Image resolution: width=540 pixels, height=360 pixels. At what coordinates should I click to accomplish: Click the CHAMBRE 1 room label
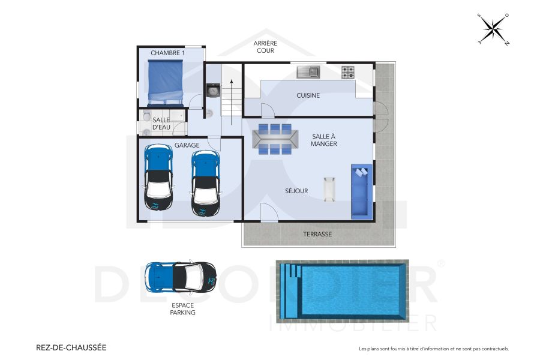coord(167,53)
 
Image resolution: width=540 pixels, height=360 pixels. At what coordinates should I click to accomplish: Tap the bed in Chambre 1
coord(165,82)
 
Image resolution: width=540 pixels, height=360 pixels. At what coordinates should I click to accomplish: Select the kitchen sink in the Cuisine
coord(308,72)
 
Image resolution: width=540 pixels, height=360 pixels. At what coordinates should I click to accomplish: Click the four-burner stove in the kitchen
coord(348,72)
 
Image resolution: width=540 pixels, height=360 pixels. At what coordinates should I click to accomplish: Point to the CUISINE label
coord(308,95)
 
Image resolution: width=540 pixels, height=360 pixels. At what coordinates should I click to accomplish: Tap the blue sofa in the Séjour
coord(361,191)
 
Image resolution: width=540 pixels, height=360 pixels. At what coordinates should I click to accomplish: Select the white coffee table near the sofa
coord(329,189)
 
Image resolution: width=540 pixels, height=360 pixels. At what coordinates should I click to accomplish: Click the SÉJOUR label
coord(296,191)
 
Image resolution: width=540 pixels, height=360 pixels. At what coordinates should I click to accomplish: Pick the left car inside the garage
coord(158,180)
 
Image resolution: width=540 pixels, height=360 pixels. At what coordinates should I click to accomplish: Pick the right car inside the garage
coord(205,183)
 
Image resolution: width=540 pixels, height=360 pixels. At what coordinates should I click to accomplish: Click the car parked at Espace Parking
coord(180,277)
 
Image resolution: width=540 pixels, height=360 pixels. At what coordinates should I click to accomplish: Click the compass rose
coord(493,29)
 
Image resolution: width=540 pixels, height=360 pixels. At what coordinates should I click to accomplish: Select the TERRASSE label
coord(317,234)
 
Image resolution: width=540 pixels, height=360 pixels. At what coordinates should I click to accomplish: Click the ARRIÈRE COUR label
coord(264,47)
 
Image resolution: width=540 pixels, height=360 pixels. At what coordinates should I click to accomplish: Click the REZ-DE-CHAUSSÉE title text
coord(71,347)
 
